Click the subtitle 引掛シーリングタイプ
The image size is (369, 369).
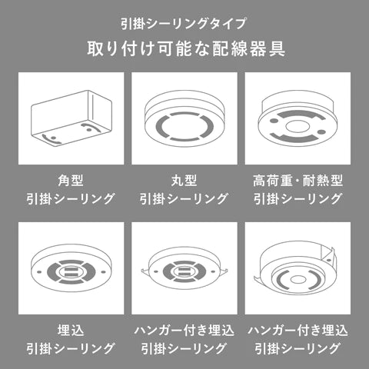(x=184, y=22)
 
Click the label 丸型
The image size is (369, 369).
(x=184, y=181)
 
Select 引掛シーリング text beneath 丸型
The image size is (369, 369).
(x=184, y=198)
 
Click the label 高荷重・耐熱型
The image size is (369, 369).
(x=298, y=181)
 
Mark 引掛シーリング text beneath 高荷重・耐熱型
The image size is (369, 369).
(x=298, y=198)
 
